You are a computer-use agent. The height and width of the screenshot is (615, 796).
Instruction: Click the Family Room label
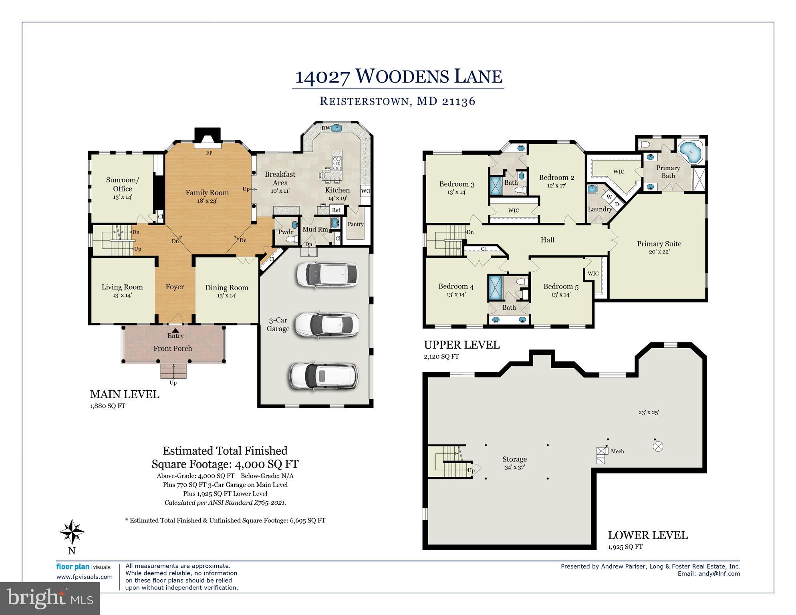coord(207,193)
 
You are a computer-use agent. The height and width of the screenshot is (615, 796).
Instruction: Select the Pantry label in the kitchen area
coord(355,224)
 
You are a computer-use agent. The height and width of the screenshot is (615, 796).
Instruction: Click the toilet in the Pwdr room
coord(292,239)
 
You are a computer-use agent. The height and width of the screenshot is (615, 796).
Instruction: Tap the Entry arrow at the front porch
coord(175,330)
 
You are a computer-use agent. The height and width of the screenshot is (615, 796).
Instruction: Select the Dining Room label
coord(227,288)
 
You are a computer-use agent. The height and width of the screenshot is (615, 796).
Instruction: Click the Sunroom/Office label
coord(123,184)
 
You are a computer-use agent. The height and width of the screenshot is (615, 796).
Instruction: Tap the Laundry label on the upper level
coord(600,209)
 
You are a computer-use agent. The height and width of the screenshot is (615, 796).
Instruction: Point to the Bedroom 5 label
coord(561,286)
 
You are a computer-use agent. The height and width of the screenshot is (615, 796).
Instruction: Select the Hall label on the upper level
coord(547,240)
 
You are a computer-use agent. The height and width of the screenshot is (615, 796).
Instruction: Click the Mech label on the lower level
coord(617,451)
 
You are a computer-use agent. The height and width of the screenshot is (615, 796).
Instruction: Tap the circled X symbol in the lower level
coord(658,446)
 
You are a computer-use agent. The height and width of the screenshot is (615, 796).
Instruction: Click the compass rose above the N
coord(72,532)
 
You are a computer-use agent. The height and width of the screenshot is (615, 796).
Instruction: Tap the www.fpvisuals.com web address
coord(85,577)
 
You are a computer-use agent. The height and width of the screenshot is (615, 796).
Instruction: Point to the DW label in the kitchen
coord(326,128)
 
